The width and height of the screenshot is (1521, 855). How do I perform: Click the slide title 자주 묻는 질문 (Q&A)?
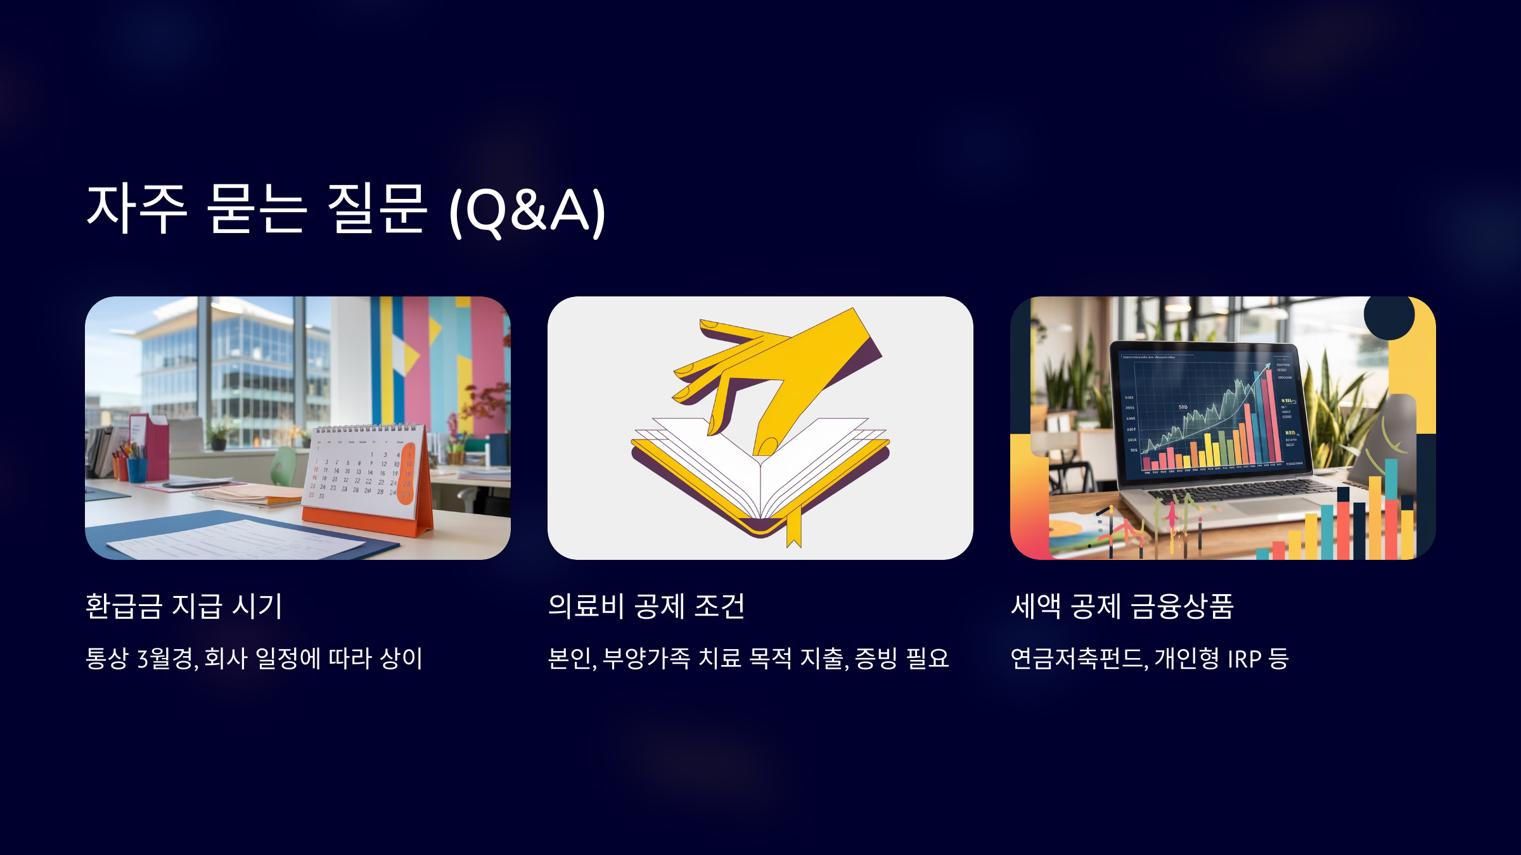click(345, 210)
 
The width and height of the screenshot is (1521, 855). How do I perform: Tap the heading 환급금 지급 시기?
click(184, 606)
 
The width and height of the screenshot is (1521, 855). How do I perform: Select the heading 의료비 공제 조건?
click(646, 606)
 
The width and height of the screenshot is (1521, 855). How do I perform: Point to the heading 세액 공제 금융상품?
click(1122, 606)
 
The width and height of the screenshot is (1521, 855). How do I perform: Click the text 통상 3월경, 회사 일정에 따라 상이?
click(253, 659)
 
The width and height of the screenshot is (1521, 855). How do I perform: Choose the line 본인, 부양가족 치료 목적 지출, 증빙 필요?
click(748, 659)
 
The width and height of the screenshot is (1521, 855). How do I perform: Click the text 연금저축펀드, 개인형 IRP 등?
click(1149, 659)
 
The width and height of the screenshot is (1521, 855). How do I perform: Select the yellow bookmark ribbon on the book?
click(793, 529)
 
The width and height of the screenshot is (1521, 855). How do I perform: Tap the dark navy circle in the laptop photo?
click(1389, 315)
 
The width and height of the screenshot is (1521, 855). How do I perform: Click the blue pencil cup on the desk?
click(137, 469)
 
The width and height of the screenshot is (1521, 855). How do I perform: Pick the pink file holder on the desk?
click(152, 443)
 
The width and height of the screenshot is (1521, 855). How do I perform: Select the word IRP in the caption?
click(1244, 659)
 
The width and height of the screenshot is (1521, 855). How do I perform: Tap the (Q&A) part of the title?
click(527, 212)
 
